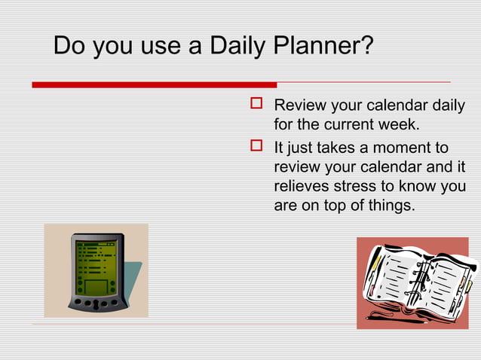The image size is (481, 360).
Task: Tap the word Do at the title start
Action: tap(69, 47)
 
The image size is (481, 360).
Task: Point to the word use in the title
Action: tap(160, 47)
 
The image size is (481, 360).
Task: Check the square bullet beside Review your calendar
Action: tap(256, 104)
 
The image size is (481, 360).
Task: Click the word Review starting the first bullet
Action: tap(299, 105)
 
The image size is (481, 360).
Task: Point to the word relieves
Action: tap(302, 186)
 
